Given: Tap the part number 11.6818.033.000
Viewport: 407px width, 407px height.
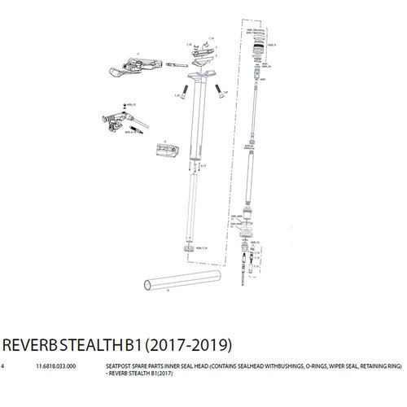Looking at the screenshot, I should (54, 367).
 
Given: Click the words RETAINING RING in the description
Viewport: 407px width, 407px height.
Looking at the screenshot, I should (374, 367).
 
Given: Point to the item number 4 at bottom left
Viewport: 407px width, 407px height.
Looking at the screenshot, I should (4, 367).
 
